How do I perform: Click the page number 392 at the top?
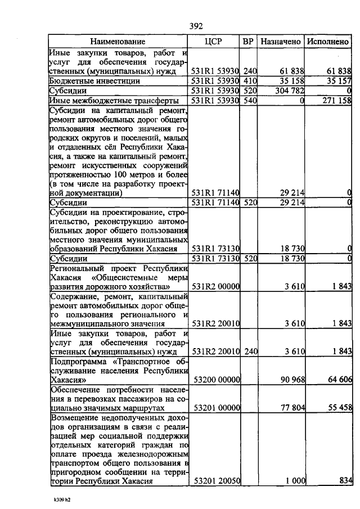click(x=196, y=26)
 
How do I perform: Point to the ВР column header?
click(x=248, y=42)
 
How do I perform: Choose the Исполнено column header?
click(x=328, y=42)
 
